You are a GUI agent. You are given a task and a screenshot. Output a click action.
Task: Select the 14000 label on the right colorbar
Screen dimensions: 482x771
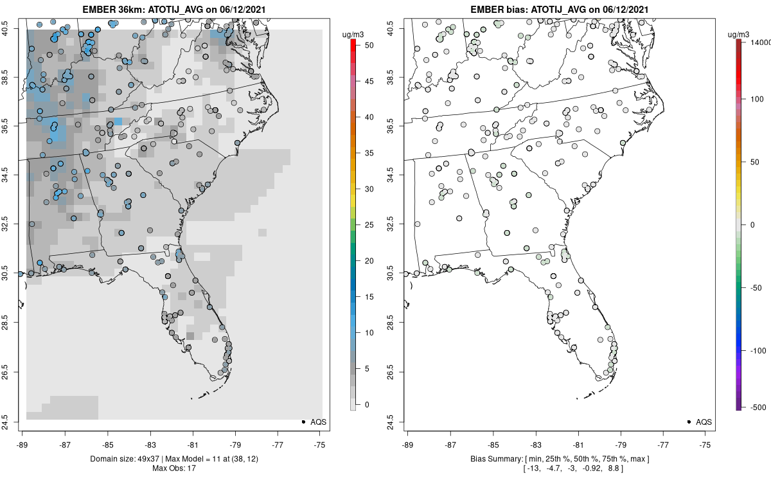coord(759,41)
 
